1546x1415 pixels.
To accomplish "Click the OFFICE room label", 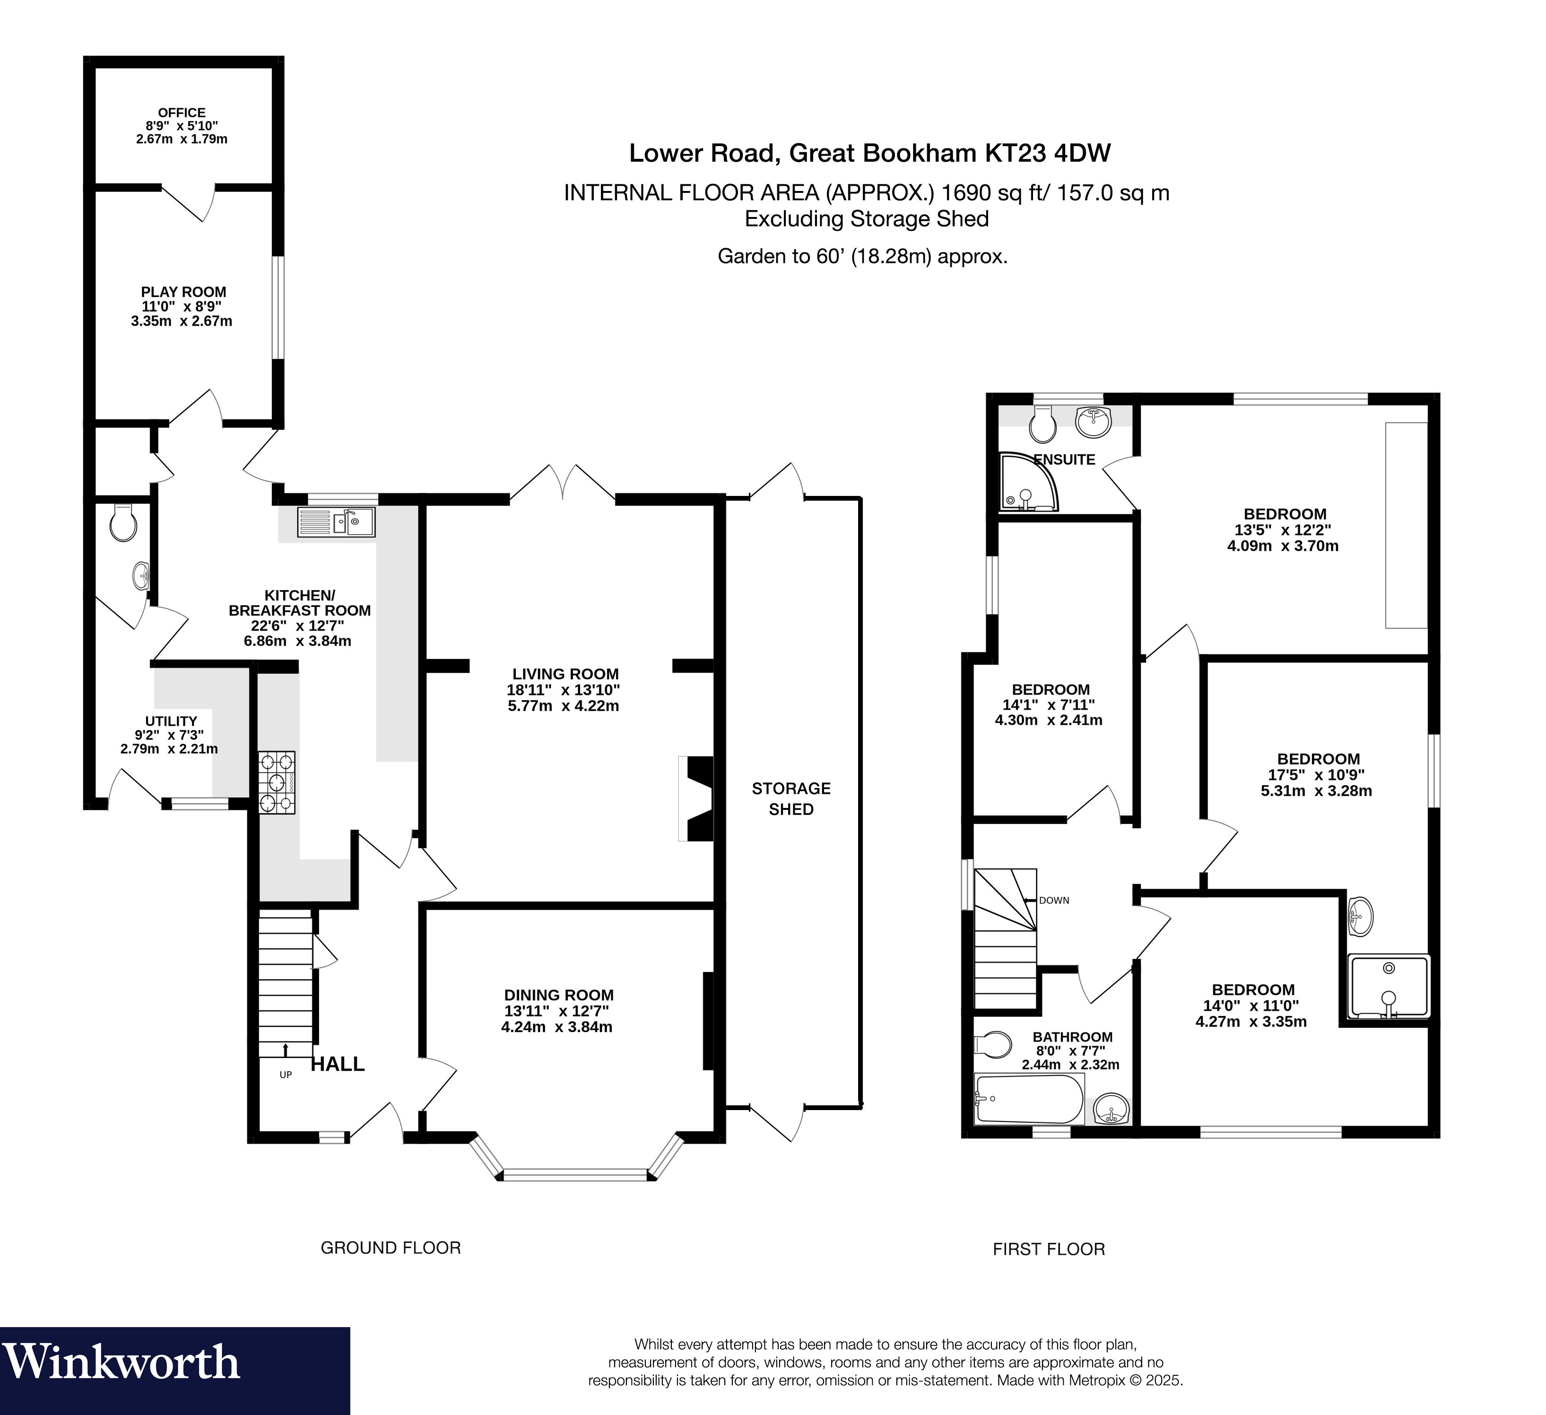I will pos(182,113).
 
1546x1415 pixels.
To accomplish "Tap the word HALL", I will pos(338,1064).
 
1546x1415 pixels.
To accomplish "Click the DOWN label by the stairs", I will pos(1054,900).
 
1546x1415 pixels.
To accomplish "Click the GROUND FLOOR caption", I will pos(391,1248).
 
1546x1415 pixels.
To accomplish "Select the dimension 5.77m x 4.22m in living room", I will pos(563,705).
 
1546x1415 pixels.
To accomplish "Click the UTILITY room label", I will pos(171,721).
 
